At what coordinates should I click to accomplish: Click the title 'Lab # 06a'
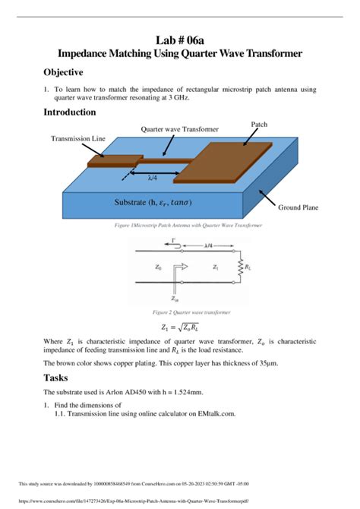[x=180, y=39]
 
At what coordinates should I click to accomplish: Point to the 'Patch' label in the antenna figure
[x=259, y=124]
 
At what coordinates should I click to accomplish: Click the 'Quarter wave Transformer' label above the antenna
[x=179, y=130]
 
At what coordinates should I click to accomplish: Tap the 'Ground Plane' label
[x=298, y=207]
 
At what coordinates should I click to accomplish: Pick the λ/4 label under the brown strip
[x=153, y=177]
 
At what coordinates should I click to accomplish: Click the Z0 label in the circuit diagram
[x=159, y=267]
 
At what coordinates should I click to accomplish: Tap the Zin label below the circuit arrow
[x=176, y=298]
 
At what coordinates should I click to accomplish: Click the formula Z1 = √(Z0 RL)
[x=179, y=328]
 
